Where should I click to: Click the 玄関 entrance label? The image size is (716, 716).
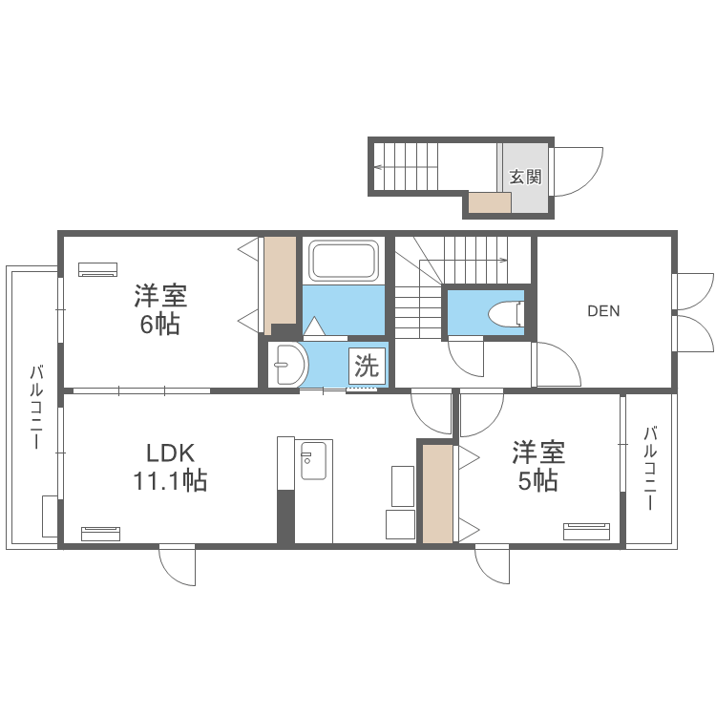point(526,177)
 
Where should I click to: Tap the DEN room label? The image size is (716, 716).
point(603,311)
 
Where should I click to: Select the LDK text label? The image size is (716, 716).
point(170,453)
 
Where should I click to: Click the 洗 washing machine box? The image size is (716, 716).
point(368,366)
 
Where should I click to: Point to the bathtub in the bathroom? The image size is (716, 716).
point(344,261)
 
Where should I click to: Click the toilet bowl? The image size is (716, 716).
point(506,314)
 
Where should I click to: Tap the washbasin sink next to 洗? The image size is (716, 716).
point(288,365)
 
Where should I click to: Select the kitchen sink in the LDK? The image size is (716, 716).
point(313,459)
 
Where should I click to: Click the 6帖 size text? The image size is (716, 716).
point(159,325)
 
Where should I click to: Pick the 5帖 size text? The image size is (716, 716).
point(537,480)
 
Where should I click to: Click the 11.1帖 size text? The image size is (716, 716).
point(170,481)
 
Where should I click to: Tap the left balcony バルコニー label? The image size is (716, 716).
point(36,407)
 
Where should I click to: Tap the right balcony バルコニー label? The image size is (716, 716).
point(650,468)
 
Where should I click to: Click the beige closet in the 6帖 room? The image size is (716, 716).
point(281,285)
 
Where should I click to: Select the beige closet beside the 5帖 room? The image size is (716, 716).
point(437,494)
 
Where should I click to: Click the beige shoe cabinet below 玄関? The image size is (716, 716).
point(490,202)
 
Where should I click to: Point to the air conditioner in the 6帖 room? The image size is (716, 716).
point(97,269)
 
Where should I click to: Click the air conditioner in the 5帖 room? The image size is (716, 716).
point(587,532)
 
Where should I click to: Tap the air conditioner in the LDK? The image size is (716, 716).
point(100,534)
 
